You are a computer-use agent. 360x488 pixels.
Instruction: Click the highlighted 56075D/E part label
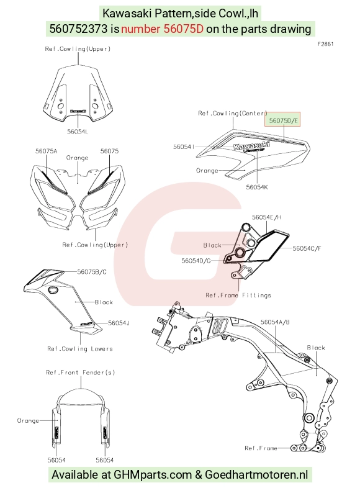[283, 120]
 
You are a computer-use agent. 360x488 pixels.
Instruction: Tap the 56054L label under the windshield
[78, 132]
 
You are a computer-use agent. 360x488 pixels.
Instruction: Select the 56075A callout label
[46, 151]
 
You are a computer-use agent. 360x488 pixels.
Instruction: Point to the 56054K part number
[257, 187]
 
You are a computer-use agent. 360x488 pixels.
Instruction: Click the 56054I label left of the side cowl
[184, 147]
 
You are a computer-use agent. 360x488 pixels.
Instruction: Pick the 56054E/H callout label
[266, 217]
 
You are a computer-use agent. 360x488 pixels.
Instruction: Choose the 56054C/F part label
[307, 248]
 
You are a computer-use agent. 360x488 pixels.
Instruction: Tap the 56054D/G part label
[196, 261]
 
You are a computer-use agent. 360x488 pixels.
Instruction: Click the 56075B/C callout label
[92, 272]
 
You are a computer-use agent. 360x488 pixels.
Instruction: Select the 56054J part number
[119, 323]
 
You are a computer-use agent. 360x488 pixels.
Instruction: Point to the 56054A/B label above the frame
[275, 322]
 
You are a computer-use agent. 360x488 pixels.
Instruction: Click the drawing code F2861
[325, 44]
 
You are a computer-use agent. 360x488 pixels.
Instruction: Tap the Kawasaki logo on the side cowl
[251, 145]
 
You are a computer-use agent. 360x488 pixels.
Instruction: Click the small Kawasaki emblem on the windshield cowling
[78, 111]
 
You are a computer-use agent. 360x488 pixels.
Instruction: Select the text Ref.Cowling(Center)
[233, 113]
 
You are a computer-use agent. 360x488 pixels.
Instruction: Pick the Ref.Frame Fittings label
[238, 295]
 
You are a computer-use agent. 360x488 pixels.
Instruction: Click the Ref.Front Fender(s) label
[80, 373]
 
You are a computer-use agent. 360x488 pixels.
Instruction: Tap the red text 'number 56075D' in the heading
[162, 29]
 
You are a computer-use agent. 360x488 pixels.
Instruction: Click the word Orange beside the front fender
[28, 420]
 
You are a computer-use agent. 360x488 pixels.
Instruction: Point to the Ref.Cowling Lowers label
[80, 349]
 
